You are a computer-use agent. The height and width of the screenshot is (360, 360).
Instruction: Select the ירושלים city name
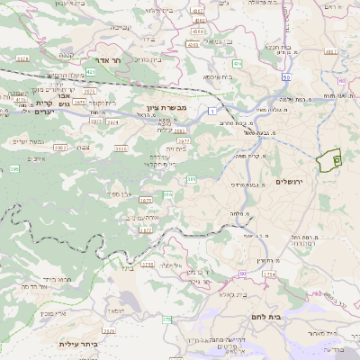[290, 183]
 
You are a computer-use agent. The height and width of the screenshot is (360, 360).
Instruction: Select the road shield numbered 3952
[61, 146]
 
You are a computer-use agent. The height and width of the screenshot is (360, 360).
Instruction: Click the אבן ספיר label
[120, 193]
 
